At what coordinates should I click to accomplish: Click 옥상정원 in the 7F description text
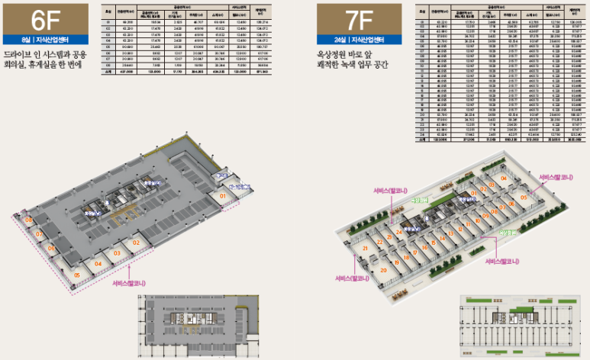[335, 56]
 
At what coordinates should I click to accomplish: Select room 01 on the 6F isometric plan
[223, 196]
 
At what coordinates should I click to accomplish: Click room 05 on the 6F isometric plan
[78, 275]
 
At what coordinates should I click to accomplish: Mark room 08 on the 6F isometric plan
[29, 220]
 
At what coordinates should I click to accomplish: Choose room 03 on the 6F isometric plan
[117, 252]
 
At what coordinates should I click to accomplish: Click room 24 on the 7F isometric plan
[399, 230]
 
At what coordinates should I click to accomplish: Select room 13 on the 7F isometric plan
[451, 234]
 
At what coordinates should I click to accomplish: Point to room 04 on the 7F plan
[504, 179]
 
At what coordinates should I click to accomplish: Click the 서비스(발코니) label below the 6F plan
[130, 282]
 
